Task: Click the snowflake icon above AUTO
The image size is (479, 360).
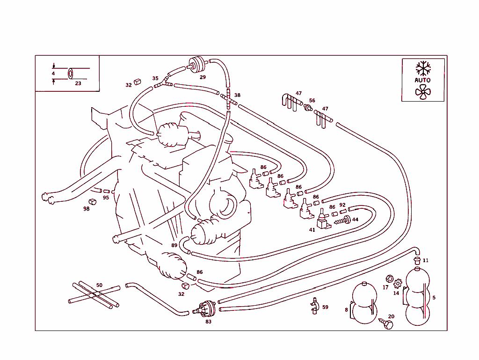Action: pyautogui.click(x=423, y=68)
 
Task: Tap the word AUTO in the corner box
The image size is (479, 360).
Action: pyautogui.click(x=423, y=80)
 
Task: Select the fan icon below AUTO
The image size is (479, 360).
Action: pyautogui.click(x=423, y=92)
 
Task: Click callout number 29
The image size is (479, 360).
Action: pyautogui.click(x=203, y=77)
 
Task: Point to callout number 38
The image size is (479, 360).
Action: pyautogui.click(x=237, y=95)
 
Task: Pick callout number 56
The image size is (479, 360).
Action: pyautogui.click(x=312, y=101)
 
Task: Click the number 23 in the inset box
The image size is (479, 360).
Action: pyautogui.click(x=78, y=83)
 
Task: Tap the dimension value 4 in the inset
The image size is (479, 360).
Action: pyautogui.click(x=53, y=73)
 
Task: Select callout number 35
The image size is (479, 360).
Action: pyautogui.click(x=155, y=79)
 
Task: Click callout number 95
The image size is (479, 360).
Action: pyautogui.click(x=106, y=198)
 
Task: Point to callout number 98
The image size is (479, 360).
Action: pyautogui.click(x=87, y=209)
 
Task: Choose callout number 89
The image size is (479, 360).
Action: pyautogui.click(x=174, y=245)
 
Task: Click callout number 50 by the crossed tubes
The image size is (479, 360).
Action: pyautogui.click(x=99, y=285)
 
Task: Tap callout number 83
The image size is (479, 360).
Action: pyautogui.click(x=208, y=322)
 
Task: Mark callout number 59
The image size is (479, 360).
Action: pyautogui.click(x=325, y=307)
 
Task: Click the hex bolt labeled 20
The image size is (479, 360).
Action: pyautogui.click(x=387, y=324)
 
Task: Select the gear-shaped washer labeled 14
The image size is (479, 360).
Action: pyautogui.click(x=398, y=283)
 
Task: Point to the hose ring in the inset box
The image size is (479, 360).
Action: pyautogui.click(x=71, y=73)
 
